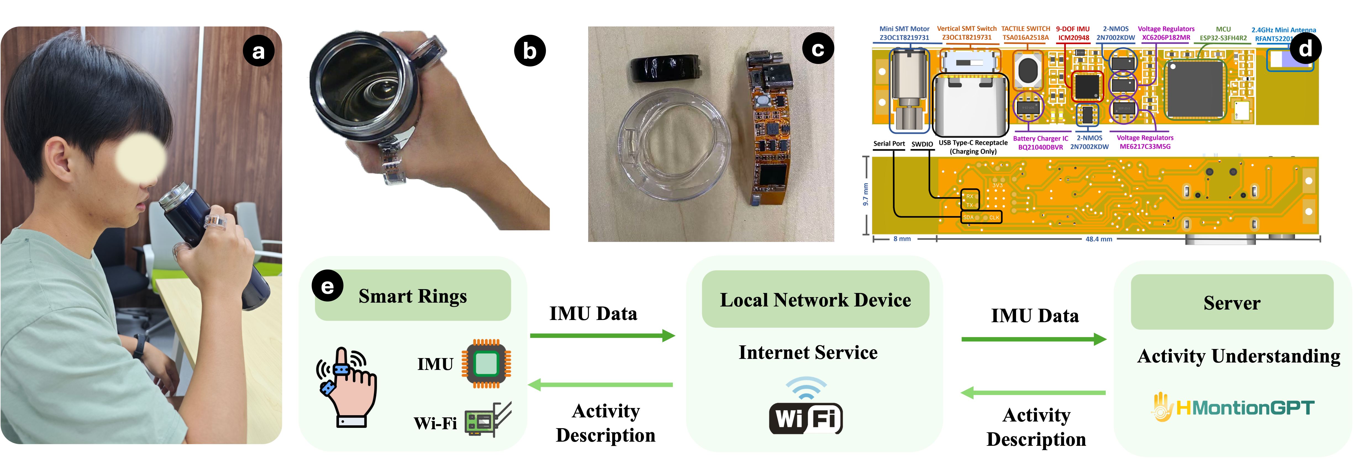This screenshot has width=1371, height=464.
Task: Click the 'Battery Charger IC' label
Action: [1040, 138]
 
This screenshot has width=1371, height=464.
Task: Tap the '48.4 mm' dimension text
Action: [1099, 239]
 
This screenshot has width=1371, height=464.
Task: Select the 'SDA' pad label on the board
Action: [968, 217]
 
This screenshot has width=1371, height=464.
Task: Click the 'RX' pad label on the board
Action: [970, 196]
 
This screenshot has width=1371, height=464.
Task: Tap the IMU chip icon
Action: [486, 364]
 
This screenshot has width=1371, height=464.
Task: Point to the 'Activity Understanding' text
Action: [1238, 356]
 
